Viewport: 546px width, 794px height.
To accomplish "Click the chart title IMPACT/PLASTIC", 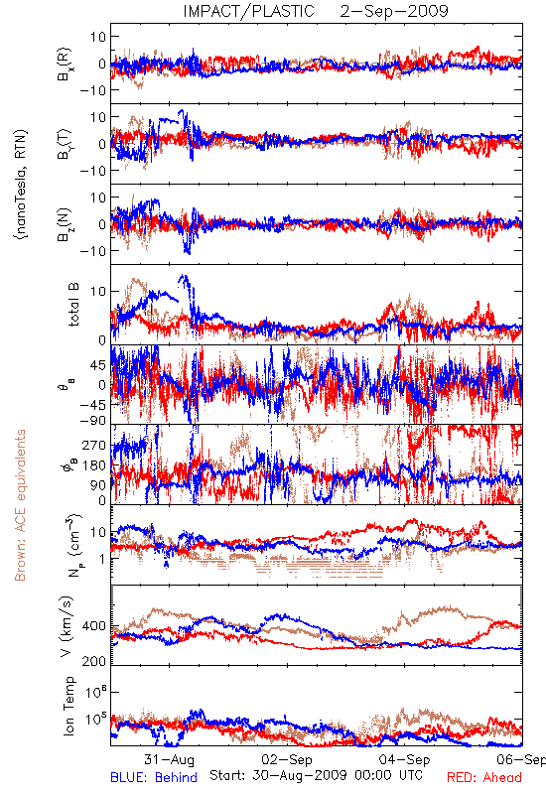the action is pyautogui.click(x=248, y=11).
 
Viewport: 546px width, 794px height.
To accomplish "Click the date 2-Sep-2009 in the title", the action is pyautogui.click(x=394, y=11).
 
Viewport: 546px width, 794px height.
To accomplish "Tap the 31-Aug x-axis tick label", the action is pyautogui.click(x=169, y=759).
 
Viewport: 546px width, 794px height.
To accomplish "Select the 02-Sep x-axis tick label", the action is pyautogui.click(x=287, y=759).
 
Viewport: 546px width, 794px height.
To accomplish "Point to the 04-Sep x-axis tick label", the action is pyautogui.click(x=405, y=759).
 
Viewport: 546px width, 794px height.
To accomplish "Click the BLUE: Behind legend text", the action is pyautogui.click(x=154, y=777).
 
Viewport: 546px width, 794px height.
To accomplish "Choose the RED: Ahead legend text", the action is pyautogui.click(x=484, y=777).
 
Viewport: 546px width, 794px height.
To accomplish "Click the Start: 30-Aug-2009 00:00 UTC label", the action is pyautogui.click(x=316, y=775).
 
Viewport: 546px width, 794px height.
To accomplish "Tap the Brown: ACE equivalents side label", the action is pyautogui.click(x=20, y=505).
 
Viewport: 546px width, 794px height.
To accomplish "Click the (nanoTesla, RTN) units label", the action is pyautogui.click(x=21, y=185).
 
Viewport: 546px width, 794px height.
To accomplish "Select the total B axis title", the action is pyautogui.click(x=73, y=305).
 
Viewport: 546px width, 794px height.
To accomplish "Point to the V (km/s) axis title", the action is pyautogui.click(x=68, y=627).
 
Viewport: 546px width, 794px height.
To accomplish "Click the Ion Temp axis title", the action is pyautogui.click(x=68, y=706).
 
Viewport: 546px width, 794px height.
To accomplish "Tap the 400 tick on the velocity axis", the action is pyautogui.click(x=94, y=626).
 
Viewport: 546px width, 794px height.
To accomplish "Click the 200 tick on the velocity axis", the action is pyautogui.click(x=94, y=661).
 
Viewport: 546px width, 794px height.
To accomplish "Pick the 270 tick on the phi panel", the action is pyautogui.click(x=94, y=445).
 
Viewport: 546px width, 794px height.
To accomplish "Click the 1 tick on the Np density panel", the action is pyautogui.click(x=102, y=559).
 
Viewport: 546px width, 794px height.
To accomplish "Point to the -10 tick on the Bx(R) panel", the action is pyautogui.click(x=92, y=90).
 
